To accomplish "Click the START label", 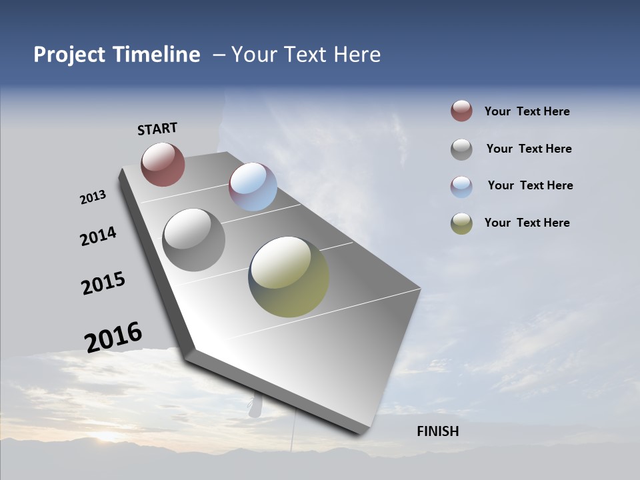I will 157,129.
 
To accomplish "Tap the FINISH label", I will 437,431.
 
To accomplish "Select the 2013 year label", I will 93,197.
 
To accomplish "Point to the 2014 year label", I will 99,236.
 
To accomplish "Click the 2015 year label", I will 103,283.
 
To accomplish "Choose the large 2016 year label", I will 113,337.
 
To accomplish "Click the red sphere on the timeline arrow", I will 163,164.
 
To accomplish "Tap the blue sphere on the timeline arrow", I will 253,187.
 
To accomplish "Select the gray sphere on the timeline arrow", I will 194,240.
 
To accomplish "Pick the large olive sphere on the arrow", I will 289,277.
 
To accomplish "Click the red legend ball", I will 461,111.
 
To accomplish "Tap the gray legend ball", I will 461,149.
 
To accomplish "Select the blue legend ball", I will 461,187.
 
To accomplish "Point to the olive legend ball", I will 461,223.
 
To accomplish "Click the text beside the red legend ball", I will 527,112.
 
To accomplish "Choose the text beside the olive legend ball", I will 527,223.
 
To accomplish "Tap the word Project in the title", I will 69,55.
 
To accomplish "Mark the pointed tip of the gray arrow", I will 361,432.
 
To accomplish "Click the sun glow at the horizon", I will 107,437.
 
